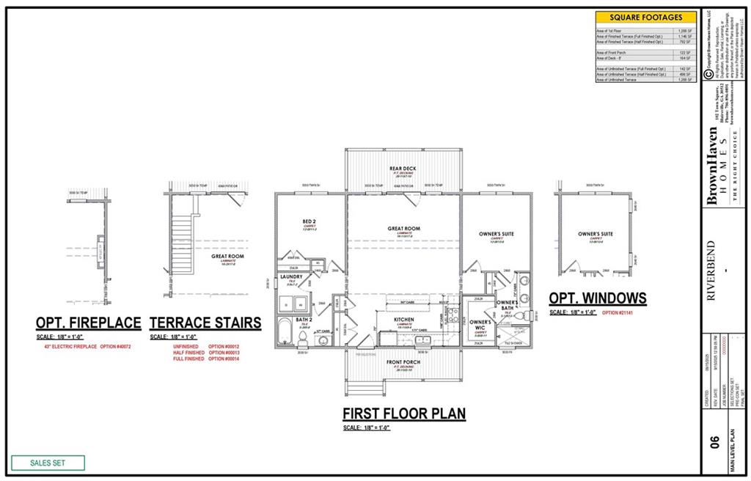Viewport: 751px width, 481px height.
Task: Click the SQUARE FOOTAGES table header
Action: (645, 17)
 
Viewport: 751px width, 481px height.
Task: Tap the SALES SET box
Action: (48, 463)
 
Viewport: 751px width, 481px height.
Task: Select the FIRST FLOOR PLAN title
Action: (404, 414)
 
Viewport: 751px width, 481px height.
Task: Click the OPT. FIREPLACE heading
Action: (89, 323)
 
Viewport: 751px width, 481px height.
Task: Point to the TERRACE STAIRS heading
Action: (205, 323)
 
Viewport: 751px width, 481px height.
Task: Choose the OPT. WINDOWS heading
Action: (598, 298)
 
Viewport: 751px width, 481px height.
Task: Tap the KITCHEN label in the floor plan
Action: (404, 320)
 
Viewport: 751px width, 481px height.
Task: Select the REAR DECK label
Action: (404, 168)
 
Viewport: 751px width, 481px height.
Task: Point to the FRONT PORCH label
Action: (404, 362)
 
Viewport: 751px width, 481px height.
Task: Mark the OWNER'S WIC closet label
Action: (480, 323)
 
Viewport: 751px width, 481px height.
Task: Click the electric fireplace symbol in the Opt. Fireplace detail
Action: (102, 243)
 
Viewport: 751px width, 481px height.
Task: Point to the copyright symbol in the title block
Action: (708, 73)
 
